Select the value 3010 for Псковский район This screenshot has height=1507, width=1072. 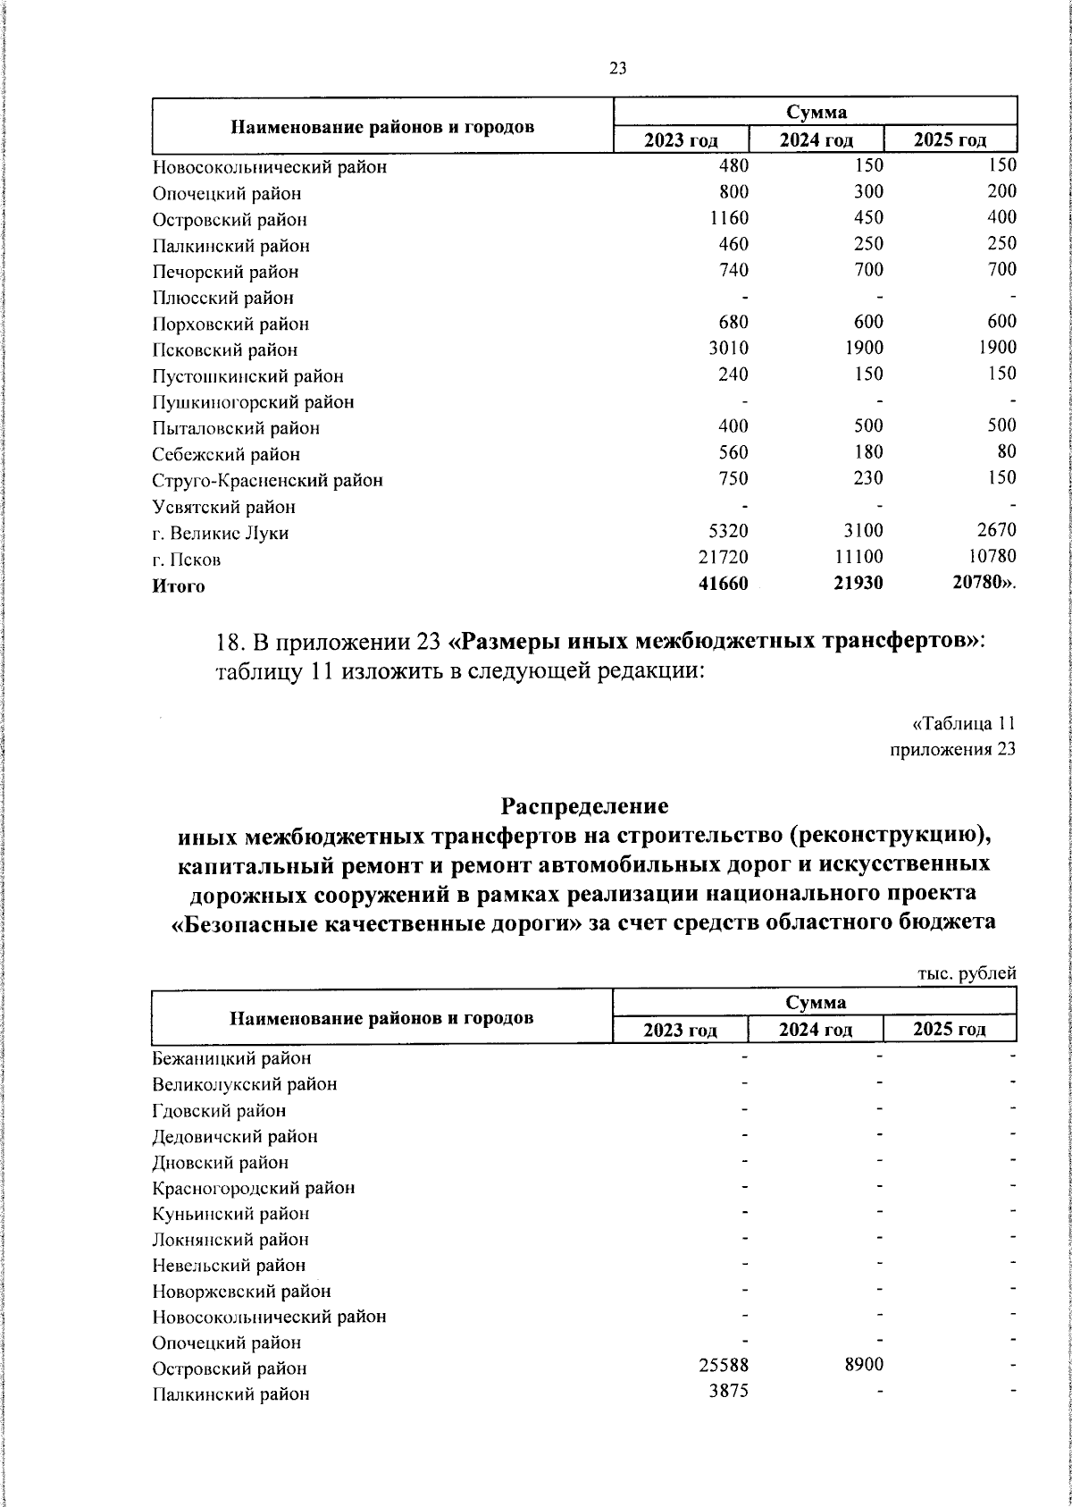(726, 348)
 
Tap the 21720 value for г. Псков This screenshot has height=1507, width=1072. (722, 557)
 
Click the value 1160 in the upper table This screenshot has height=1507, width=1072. (726, 217)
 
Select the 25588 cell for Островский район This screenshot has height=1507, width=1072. (722, 1366)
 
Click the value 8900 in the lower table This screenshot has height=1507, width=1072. (861, 1366)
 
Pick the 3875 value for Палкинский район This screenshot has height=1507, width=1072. (728, 1391)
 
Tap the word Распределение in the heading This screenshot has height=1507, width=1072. (584, 806)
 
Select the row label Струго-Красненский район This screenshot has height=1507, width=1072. (267, 481)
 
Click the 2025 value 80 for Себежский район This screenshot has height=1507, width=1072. (1006, 452)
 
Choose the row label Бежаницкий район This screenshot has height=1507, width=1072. (231, 1058)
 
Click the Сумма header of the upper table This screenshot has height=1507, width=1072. (816, 112)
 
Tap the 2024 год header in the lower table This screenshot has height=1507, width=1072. (815, 1030)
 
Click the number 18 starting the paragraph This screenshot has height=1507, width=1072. (230, 643)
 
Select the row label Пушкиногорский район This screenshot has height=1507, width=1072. (253, 402)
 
